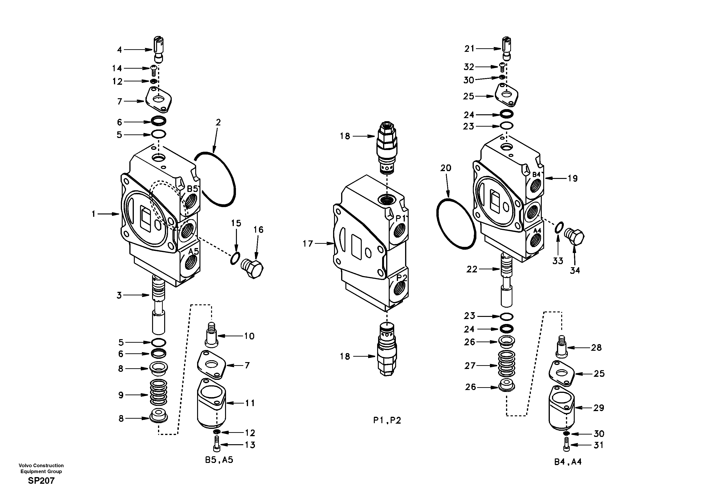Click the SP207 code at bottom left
pos(41,481)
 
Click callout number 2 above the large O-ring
pos(218,122)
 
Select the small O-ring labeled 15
pos(235,258)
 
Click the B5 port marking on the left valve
pos(193,189)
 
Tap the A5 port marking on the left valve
pos(194,252)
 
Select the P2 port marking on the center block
pos(402,278)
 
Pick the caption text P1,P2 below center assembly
pos(387,420)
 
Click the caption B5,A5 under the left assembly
pos(219,460)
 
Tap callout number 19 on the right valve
pos(572,178)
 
